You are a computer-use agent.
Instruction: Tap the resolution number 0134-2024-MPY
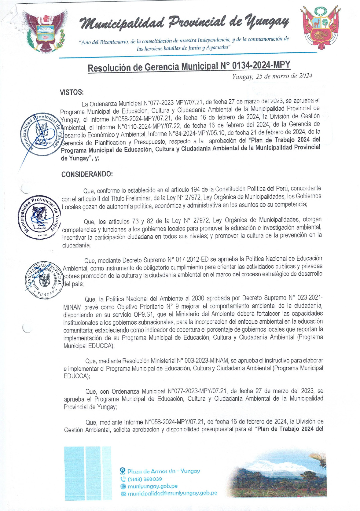pos(261,65)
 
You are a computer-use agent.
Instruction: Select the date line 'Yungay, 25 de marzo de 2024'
pos(272,76)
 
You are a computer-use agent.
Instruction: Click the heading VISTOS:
pos(72,92)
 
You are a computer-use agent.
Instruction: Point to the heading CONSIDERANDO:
pos(87,174)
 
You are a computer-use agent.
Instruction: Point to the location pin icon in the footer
pos(123,471)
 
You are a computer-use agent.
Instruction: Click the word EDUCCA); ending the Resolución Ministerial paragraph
pos(77,376)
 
